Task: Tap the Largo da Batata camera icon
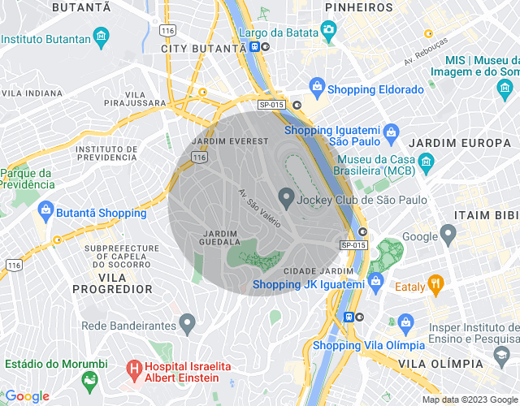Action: coord(328,30)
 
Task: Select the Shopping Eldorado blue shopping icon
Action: coord(317,87)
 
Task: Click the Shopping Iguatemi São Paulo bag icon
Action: coord(391,131)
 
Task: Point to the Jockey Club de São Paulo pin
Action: coord(286,197)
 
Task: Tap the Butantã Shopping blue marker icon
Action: coord(46,210)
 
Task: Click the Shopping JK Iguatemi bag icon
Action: coord(375,281)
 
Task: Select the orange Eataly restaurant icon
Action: coord(435,283)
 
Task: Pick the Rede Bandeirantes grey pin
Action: coord(188,323)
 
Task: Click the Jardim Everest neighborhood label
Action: coord(229,141)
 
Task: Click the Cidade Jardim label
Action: coord(318,270)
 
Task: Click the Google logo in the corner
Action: coord(26,395)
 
